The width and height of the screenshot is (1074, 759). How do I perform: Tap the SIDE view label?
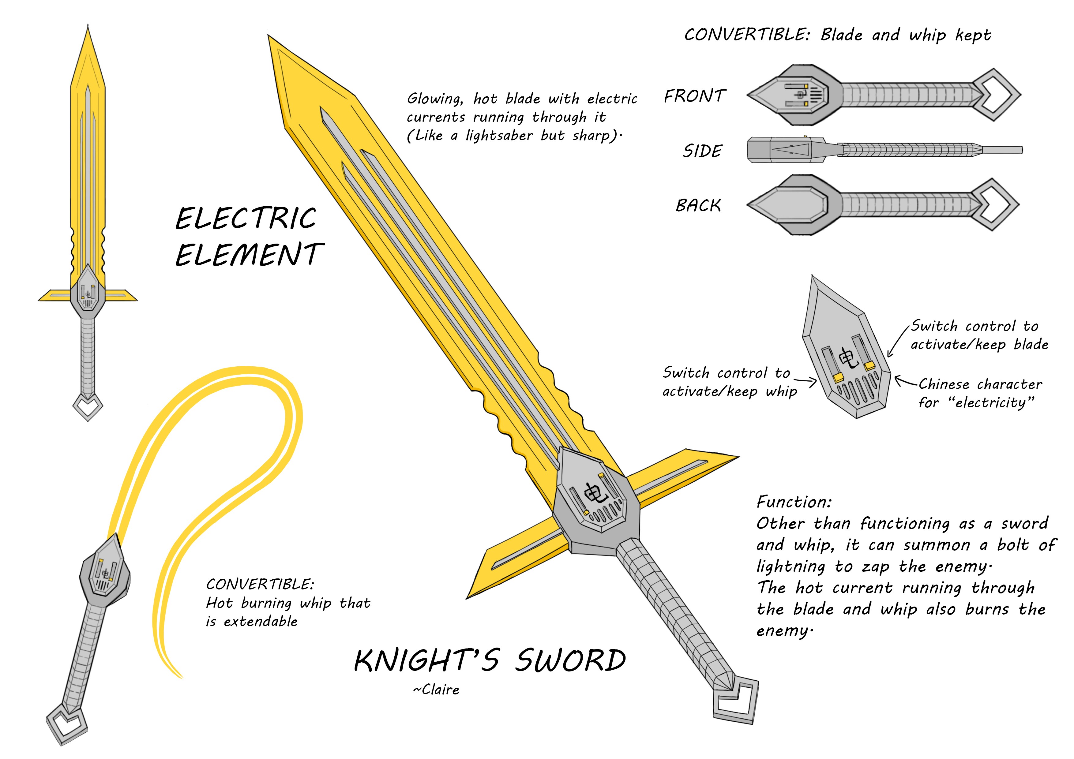coord(703,151)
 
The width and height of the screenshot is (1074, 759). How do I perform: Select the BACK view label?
coord(698,205)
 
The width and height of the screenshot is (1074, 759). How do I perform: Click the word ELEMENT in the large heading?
coord(249,255)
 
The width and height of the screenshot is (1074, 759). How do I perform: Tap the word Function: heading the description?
coord(794,502)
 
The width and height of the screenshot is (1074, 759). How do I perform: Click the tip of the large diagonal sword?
coord(270,37)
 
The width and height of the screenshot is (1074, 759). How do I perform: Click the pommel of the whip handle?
coord(67,723)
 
